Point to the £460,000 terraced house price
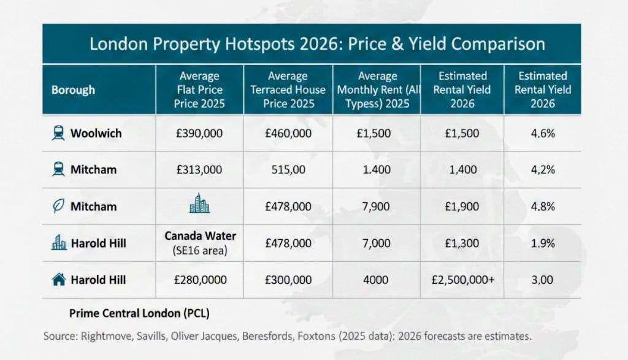[x=288, y=133]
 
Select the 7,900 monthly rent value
[x=377, y=206]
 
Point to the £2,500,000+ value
[x=462, y=280]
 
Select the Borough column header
[x=73, y=90]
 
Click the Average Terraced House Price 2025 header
[x=288, y=90]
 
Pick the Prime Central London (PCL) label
[x=139, y=313]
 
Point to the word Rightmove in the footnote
[x=104, y=337]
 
